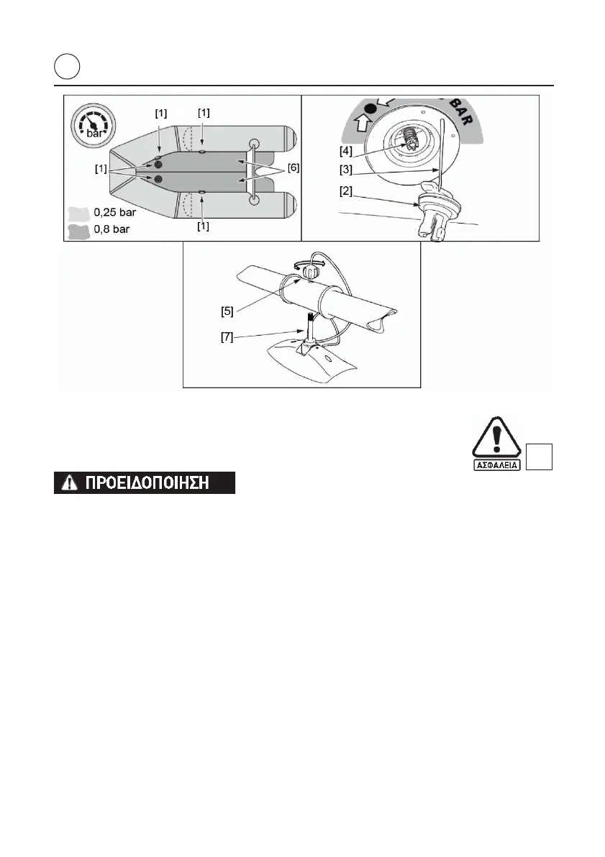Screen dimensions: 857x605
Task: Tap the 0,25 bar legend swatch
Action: (x=78, y=214)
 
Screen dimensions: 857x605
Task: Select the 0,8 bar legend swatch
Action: (x=78, y=230)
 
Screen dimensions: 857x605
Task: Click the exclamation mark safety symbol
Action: (x=495, y=441)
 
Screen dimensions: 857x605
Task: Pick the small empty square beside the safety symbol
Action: (x=540, y=457)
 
